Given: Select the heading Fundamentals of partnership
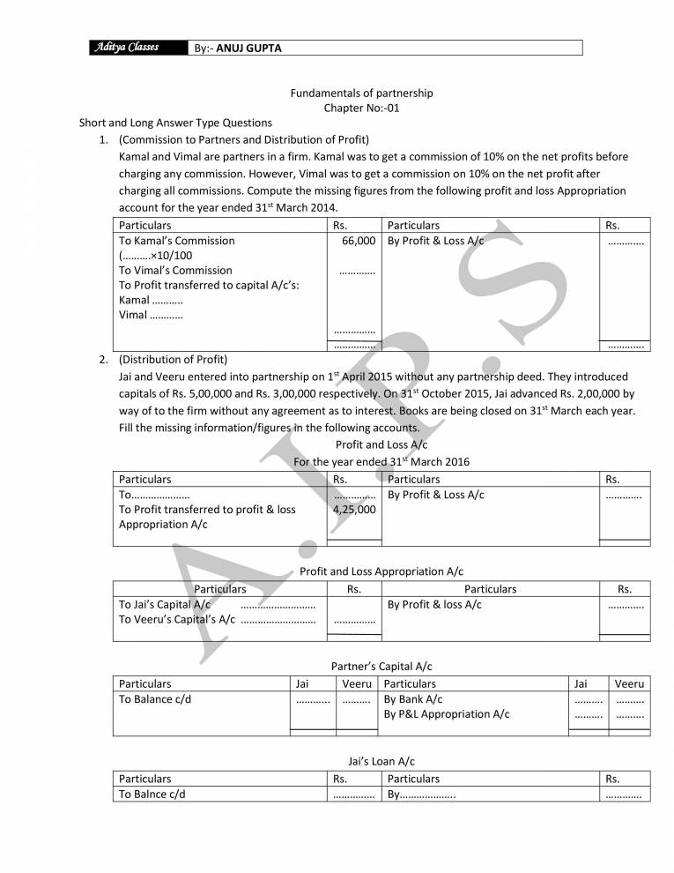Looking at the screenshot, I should click(362, 93).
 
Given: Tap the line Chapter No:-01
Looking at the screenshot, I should click(362, 108).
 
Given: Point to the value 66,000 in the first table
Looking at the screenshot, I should click(359, 241).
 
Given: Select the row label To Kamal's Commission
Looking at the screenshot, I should click(177, 241).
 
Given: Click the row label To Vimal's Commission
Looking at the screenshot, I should click(175, 271).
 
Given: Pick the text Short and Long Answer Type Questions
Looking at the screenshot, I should click(175, 123).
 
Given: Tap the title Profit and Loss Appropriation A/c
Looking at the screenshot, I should click(381, 571).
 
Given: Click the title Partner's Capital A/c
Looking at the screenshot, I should click(381, 667).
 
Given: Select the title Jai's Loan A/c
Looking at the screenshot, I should click(381, 761).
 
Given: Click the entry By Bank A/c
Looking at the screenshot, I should click(413, 699).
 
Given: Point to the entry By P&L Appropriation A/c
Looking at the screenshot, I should click(447, 714).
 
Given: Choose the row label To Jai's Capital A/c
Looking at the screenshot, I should click(165, 605).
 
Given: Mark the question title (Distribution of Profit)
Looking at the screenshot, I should click(174, 360).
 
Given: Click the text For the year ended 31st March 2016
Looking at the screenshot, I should click(381, 461).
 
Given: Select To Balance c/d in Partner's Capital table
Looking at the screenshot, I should click(155, 699).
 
